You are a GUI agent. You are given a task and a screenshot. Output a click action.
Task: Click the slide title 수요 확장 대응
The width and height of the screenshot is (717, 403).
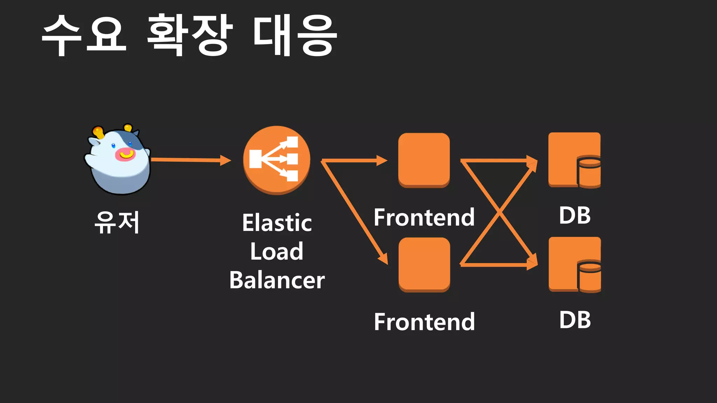pos(189,35)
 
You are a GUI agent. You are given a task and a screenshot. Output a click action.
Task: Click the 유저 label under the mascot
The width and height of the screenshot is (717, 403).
pos(117,222)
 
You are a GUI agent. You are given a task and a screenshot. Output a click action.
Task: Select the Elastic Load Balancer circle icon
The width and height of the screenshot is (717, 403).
pos(277,160)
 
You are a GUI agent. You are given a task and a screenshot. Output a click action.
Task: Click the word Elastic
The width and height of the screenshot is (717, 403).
pos(277,223)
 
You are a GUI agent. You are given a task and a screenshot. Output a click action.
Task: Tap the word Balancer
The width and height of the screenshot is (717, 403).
pos(277,280)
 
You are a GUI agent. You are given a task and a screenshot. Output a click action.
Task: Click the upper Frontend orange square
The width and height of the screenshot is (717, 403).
pos(424,160)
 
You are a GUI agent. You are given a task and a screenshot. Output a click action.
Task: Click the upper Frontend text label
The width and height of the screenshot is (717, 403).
pos(424,217)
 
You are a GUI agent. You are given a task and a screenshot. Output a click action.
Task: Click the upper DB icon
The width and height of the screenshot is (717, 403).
pos(574,160)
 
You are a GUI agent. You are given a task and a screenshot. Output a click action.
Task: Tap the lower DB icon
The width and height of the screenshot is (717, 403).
pos(575,264)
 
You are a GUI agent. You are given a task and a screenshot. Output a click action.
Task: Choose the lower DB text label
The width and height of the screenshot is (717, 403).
pos(575,320)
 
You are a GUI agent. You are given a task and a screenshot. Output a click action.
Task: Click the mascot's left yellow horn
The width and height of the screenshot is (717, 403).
pos(98,132)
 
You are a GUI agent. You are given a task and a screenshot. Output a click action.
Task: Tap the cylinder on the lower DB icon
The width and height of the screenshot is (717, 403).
pos(590,276)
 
